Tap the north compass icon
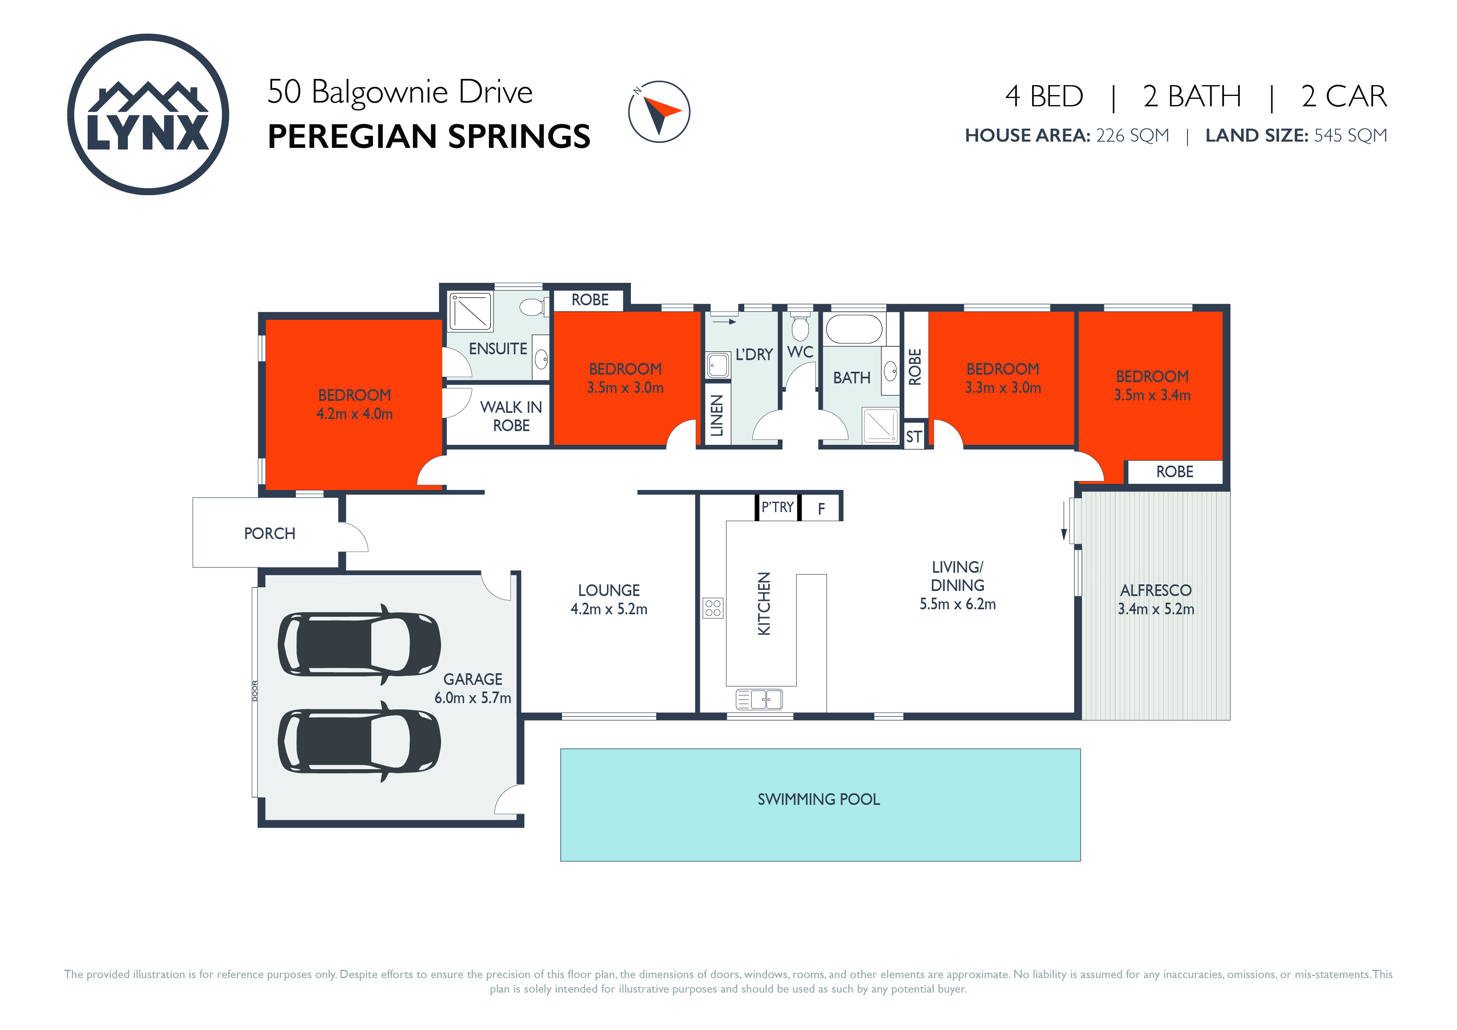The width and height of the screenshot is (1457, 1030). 659,112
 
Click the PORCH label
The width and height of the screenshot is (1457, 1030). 270,534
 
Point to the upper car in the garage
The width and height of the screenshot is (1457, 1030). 359,644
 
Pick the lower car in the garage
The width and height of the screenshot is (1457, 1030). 359,741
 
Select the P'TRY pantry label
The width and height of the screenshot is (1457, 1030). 778,507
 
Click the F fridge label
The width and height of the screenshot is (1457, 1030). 821,508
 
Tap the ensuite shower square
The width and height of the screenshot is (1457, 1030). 470,311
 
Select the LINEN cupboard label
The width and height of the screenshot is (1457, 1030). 717,416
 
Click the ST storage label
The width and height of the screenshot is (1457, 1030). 914,437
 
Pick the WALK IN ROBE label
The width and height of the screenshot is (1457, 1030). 511,416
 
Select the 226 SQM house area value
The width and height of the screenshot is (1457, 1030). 1132,135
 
